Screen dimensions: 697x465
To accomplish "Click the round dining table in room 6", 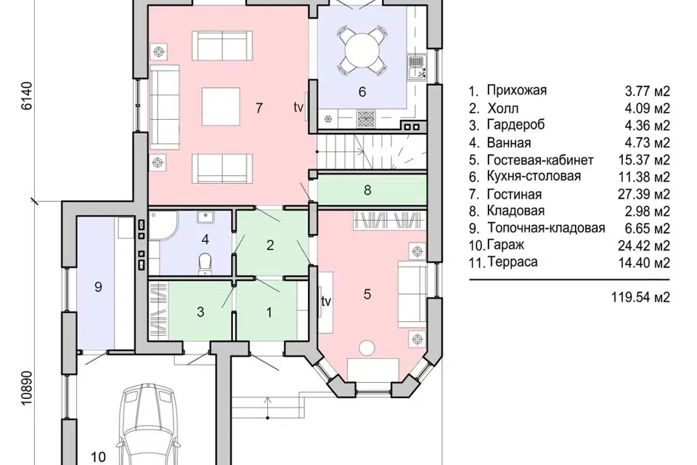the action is tap(362, 49).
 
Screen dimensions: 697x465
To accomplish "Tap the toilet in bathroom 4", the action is tap(205, 262).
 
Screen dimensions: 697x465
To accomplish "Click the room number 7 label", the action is tap(259, 108).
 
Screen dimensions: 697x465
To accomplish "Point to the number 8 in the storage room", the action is tap(367, 190).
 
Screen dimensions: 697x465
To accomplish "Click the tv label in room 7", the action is tap(298, 108).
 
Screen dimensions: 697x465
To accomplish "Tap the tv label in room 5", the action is tap(326, 302).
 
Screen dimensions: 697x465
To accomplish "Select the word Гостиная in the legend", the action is tap(514, 195).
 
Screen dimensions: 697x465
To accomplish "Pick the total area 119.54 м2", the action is tap(640, 296).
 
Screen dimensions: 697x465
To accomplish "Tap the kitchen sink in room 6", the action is tap(417, 68).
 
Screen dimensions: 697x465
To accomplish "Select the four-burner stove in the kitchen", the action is tap(366, 119).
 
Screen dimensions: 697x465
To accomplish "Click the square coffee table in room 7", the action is tap(221, 107).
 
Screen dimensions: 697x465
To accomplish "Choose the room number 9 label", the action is tap(98, 287).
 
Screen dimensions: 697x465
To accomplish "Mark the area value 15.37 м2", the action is tap(644, 160).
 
